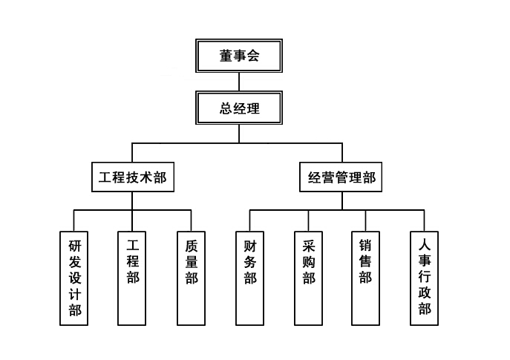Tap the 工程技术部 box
tap(132, 177)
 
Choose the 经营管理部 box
tap(341, 177)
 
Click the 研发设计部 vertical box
tap(74, 278)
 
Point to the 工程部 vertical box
tap(133, 278)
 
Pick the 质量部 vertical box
tap(192, 278)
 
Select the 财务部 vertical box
tap(249, 278)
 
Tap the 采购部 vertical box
tap(308, 278)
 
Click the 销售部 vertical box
tap(366, 278)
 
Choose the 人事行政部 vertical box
tap(425, 278)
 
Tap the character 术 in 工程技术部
tap(146, 178)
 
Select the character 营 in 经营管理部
tap(328, 178)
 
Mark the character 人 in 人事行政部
tap(425, 244)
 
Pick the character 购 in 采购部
tap(308, 261)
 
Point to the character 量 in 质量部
tap(192, 261)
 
